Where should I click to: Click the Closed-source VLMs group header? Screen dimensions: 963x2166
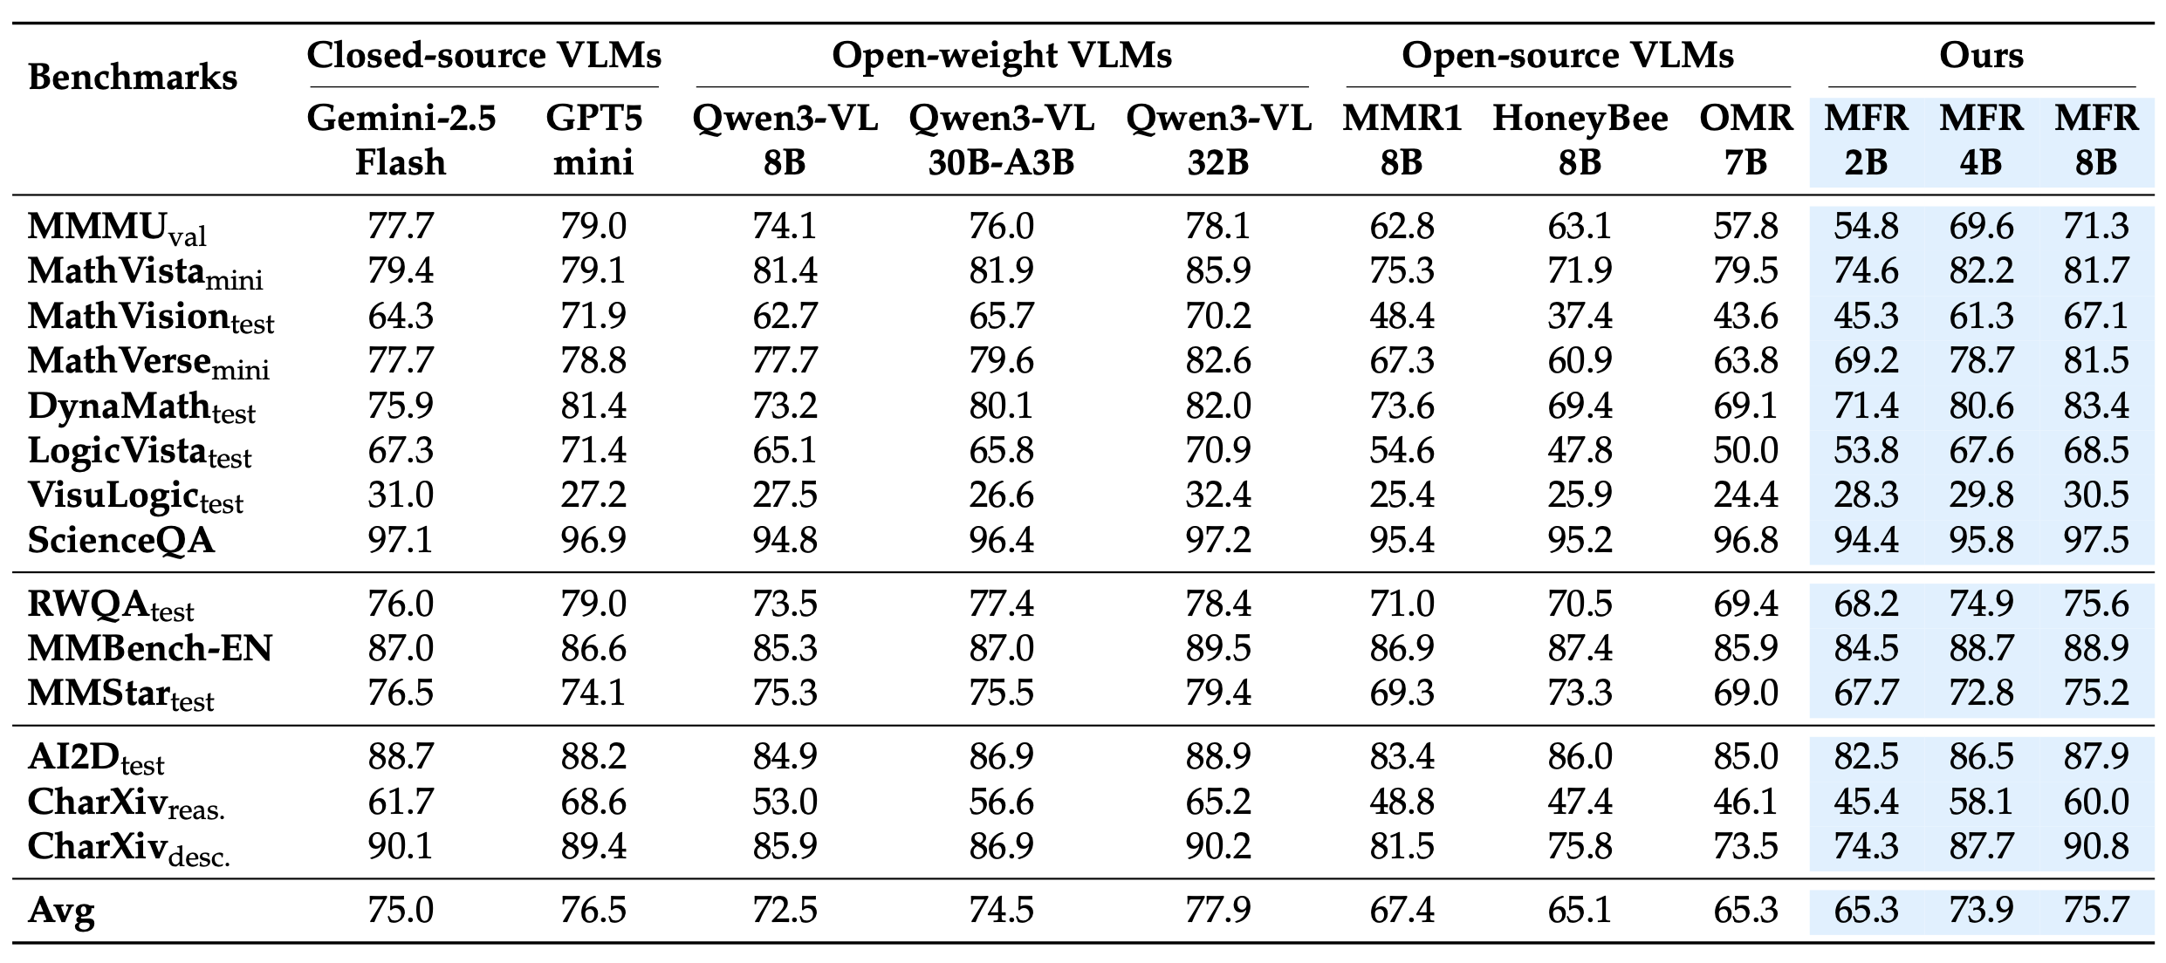484,56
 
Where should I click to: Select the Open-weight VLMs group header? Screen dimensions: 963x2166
1001,56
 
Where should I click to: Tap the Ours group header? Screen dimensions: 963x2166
1981,56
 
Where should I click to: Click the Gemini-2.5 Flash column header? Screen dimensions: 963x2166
401,140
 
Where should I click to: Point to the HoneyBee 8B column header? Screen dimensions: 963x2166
1580,140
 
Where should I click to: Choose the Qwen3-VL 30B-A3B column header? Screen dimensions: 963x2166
1001,140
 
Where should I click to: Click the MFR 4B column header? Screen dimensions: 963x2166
1981,140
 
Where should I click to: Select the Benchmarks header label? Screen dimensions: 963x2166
133,78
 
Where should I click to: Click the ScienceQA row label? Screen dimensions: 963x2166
121,540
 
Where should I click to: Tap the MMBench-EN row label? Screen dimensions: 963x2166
150,648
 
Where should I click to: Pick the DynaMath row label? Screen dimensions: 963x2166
141,406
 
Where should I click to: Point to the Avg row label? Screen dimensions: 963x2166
61,911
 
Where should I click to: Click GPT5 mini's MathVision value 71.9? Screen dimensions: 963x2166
593,316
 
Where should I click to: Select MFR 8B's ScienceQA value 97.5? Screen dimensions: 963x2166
2096,540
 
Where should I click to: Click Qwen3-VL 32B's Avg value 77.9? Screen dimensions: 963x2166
1217,911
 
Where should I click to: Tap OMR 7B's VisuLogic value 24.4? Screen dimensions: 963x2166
1745,495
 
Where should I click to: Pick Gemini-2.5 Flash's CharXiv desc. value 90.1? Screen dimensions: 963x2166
401,846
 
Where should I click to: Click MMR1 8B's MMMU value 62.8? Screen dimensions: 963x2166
1402,227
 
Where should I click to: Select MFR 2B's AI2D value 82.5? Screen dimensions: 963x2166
1866,756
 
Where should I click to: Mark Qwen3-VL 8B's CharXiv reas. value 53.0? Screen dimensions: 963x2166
785,802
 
